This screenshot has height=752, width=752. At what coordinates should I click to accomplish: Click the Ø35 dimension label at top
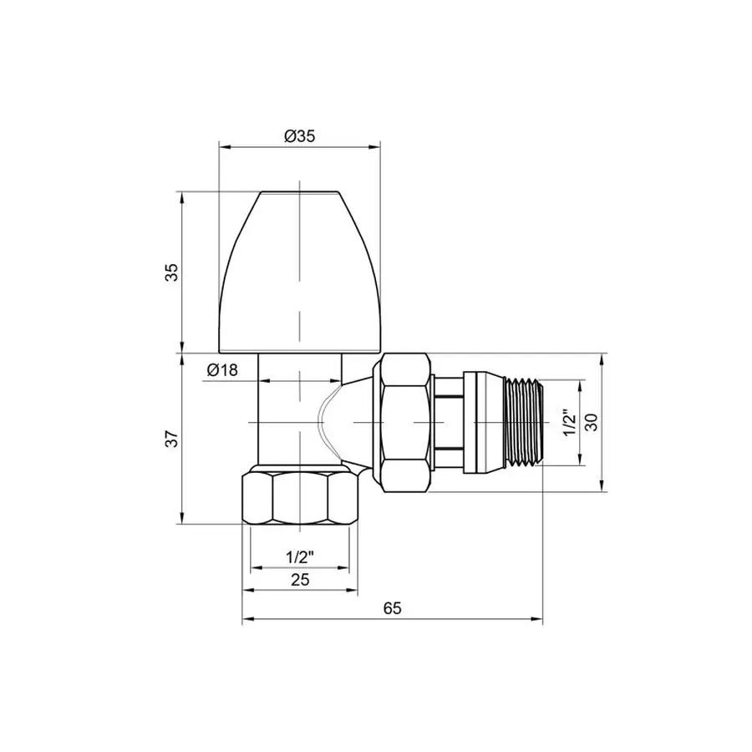[x=299, y=137]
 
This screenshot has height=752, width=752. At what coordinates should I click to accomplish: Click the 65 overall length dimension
[x=393, y=609]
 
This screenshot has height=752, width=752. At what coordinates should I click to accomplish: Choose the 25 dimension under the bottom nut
[x=299, y=579]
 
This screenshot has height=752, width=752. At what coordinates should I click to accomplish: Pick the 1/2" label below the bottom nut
[x=299, y=556]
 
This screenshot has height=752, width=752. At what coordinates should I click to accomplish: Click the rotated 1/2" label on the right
[x=567, y=423]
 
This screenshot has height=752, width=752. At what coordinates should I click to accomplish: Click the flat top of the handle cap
[x=299, y=194]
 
